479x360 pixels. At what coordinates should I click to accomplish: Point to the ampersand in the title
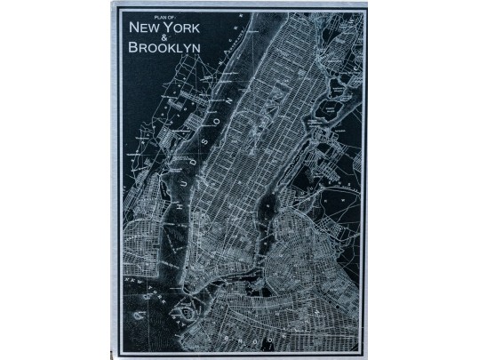point(162,38)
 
